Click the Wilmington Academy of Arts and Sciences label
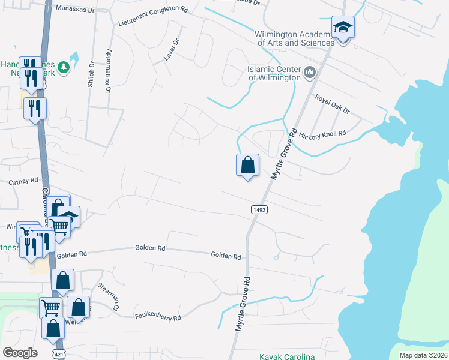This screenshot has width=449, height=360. click(x=294, y=38)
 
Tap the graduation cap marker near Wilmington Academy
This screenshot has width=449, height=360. click(x=343, y=28)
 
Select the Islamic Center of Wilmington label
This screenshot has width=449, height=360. click(x=274, y=73)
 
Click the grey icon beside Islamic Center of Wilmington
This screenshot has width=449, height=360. click(x=310, y=73)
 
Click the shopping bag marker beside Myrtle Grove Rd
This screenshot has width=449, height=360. click(x=247, y=166)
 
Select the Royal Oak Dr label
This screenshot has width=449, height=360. click(x=332, y=103)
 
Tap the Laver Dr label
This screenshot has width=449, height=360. click(x=172, y=51)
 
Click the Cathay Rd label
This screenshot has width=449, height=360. click(x=23, y=180)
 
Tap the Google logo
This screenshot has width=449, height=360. click(x=20, y=353)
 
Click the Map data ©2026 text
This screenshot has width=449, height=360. click(x=423, y=355)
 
